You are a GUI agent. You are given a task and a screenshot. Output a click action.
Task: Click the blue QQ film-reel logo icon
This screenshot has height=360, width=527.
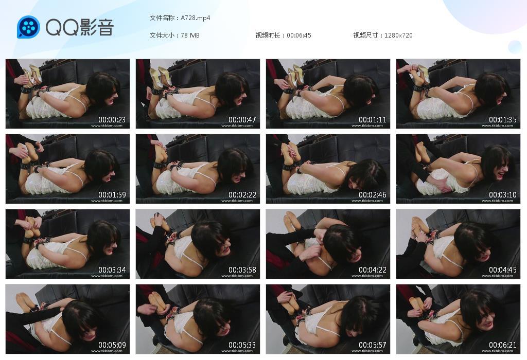pos(28,27)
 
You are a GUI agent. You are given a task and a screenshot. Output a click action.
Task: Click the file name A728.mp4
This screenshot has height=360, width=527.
pos(195,18)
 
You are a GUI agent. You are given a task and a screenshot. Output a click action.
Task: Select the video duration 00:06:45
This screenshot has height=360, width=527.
pos(299,35)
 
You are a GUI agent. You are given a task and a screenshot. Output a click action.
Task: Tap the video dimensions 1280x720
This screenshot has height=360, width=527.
pos(398,35)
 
